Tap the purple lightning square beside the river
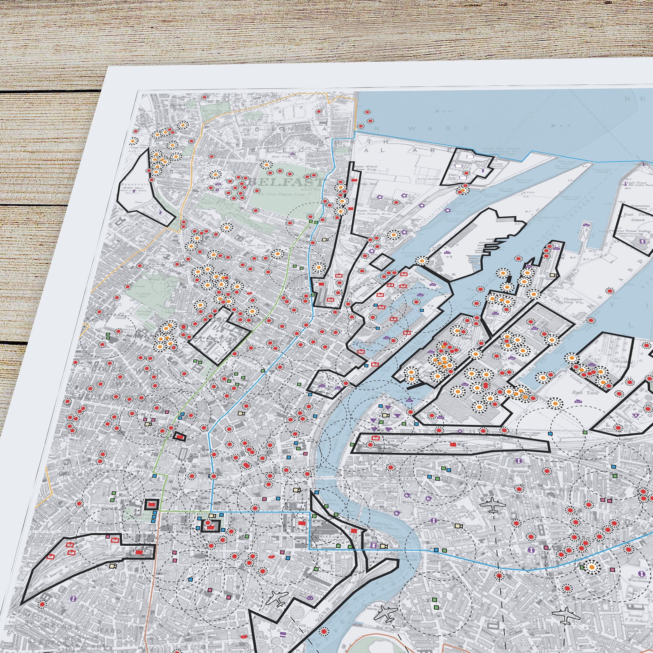click(374, 545)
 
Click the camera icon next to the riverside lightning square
click(384, 546)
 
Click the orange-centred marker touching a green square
click(591, 567)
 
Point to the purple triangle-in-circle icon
click(637, 416)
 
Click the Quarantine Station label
click(639, 208)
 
